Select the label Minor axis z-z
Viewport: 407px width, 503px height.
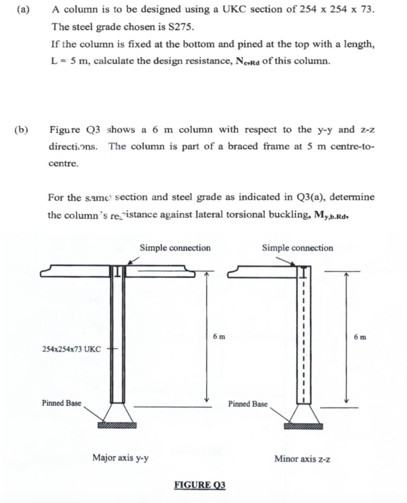302,458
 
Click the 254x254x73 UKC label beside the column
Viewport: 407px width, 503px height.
71,349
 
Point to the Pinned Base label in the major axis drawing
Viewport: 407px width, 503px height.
61,403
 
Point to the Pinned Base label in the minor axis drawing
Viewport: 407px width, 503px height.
248,404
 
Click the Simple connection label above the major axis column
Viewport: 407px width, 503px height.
175,248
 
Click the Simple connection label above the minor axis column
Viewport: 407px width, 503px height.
298,248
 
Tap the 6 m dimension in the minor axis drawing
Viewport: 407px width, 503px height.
360,336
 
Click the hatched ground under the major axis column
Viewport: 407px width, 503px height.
117,425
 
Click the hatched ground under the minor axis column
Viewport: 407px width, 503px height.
303,426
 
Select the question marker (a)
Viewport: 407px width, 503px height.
21,9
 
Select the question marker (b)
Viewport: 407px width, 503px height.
21,129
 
